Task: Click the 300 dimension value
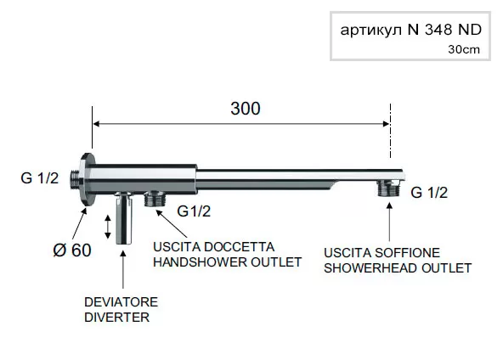coord(246,109)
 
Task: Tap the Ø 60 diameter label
coord(72,250)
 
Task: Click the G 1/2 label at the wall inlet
coord(40,178)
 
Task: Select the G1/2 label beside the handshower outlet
coord(194,211)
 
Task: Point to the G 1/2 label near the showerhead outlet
coord(429,193)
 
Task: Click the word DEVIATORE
coord(121,302)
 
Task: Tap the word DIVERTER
coord(116,317)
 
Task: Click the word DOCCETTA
coord(239,247)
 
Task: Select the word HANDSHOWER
coord(200,262)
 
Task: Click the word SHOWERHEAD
coord(370,268)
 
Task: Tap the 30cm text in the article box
coord(464,50)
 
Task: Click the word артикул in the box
coord(370,31)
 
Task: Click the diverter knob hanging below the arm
coord(124,218)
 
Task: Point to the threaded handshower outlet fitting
coord(155,199)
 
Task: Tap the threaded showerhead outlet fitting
coord(389,188)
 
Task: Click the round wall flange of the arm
coord(88,179)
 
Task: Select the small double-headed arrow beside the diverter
coord(108,227)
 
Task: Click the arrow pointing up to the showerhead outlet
coord(389,222)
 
